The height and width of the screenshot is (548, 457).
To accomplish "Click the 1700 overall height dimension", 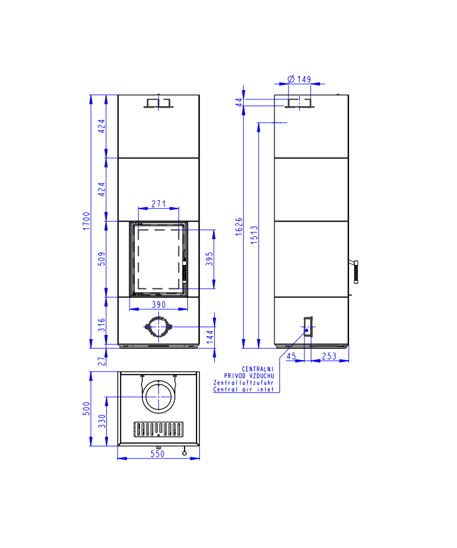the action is (86, 221).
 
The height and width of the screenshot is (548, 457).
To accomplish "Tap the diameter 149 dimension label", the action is (299, 79).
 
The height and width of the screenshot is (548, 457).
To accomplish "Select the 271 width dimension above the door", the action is (158, 204).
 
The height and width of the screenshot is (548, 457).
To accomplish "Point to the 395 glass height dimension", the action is (209, 259).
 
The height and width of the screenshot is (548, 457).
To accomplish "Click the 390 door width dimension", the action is (158, 304).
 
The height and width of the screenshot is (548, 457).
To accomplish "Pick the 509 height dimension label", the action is (102, 259).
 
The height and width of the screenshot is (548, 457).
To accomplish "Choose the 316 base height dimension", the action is (102, 325).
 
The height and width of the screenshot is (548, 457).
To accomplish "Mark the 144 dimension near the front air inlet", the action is (210, 337).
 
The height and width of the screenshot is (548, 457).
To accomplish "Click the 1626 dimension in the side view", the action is (239, 227).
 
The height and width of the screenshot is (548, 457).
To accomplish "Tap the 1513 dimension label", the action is (254, 235).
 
